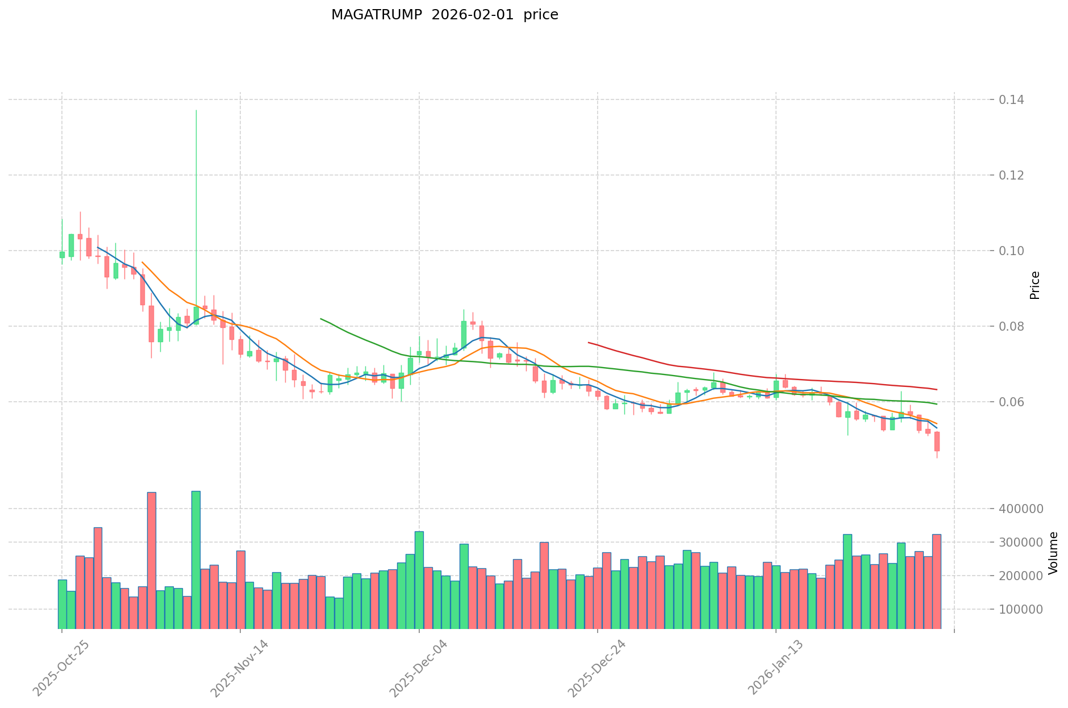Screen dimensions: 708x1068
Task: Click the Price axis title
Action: pos(1034,285)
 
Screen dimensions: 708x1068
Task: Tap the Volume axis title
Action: pos(1053,553)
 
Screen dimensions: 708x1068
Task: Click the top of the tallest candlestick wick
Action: pos(196,110)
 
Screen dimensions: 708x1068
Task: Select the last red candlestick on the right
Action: pos(937,442)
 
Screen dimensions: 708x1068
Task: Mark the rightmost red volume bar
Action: pos(937,581)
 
